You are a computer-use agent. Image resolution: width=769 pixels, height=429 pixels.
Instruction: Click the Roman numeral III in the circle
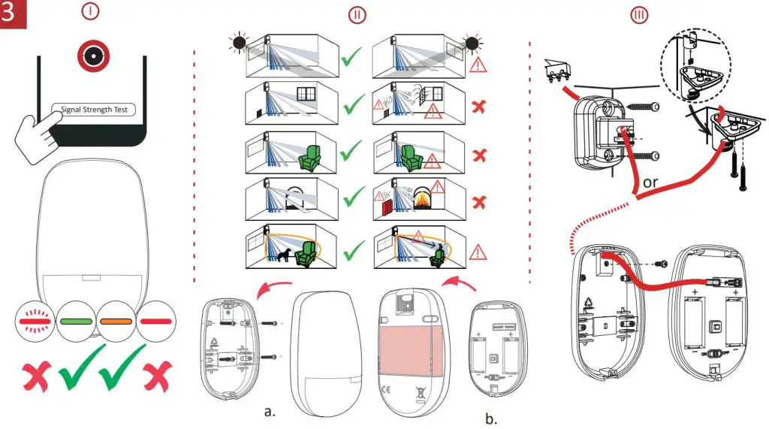(640, 14)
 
